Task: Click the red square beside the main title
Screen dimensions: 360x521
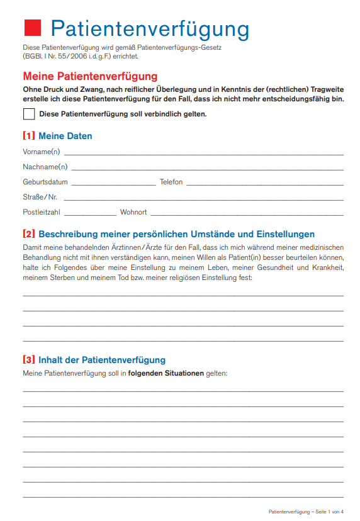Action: [x=31, y=28]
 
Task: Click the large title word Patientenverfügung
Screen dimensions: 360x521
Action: [x=150, y=29]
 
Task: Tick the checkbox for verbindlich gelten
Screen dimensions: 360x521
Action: [x=29, y=114]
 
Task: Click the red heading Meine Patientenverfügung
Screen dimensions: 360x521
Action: [x=90, y=77]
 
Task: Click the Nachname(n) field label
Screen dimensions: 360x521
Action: [x=45, y=167]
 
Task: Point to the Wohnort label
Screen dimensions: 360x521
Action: [x=133, y=212]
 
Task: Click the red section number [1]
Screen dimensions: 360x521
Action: [x=29, y=136]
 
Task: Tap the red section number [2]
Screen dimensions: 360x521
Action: [x=29, y=234]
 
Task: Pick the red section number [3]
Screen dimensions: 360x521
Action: [x=29, y=360]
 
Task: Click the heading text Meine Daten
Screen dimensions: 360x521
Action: [x=65, y=136]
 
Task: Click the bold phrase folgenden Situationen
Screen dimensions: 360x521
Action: [x=166, y=373]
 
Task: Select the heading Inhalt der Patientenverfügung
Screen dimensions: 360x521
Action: [x=102, y=360]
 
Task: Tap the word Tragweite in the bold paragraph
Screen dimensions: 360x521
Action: [x=326, y=89]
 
